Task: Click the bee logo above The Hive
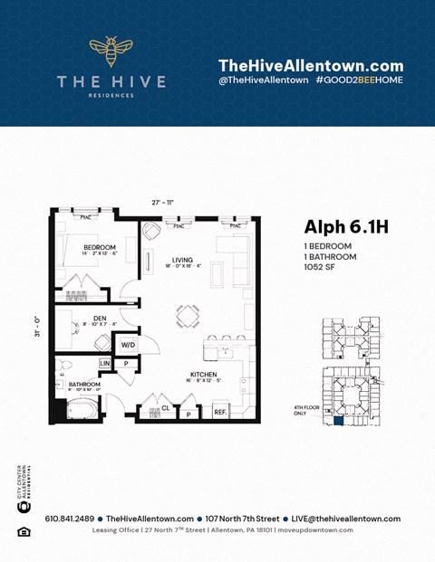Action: coord(111,52)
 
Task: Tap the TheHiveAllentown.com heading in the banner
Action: coord(310,65)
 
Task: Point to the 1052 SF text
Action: coord(321,267)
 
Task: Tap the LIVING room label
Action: coord(183,261)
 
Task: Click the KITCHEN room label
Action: coord(204,374)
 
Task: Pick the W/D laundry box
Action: coord(127,345)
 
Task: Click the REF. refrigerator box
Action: coord(220,412)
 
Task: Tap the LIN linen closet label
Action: coord(105,363)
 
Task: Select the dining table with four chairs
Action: coord(188,316)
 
